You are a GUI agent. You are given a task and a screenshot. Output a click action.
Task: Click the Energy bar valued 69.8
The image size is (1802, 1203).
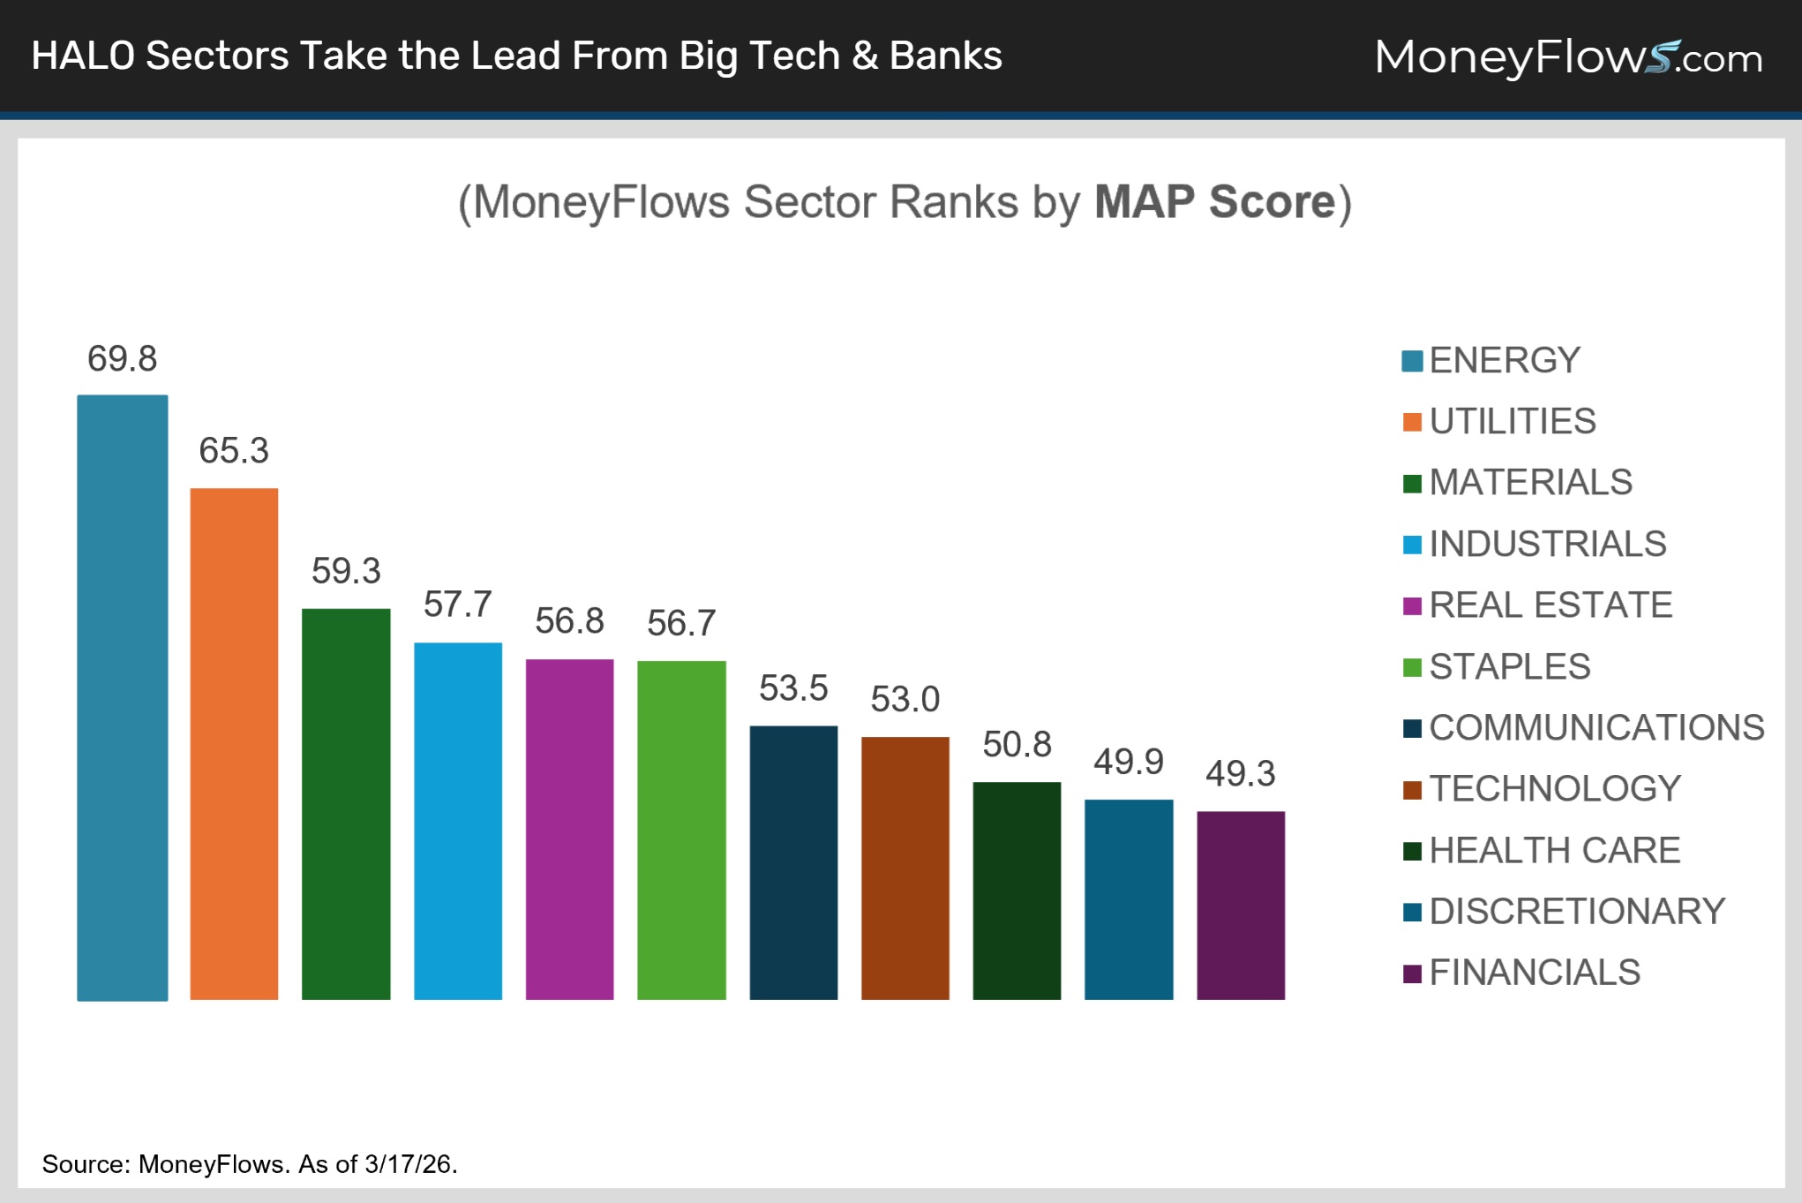(122, 697)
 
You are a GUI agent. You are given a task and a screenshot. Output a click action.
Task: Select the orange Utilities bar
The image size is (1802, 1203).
(234, 743)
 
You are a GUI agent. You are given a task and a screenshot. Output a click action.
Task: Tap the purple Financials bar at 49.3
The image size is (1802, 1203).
(1240, 905)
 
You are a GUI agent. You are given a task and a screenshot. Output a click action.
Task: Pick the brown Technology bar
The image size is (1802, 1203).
(905, 868)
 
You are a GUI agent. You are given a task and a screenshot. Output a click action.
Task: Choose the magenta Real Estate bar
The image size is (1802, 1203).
(569, 829)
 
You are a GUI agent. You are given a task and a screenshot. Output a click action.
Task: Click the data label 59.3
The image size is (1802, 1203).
(346, 571)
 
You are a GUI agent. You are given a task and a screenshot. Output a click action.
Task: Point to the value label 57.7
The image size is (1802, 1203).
(457, 605)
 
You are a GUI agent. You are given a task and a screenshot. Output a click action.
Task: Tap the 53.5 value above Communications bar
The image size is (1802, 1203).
(793, 688)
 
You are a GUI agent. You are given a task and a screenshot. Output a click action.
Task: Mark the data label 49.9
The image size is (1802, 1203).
(1129, 762)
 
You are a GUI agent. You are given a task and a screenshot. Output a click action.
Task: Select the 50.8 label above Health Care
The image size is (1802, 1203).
(1017, 745)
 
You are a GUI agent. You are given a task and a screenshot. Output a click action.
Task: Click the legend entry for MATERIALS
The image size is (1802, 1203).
(1530, 483)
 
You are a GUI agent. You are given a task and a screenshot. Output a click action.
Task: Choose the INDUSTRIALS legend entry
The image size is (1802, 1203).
(1547, 544)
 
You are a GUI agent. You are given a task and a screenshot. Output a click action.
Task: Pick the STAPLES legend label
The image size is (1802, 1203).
(1509, 666)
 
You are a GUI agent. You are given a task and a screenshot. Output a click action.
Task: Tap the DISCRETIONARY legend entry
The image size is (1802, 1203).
(1576, 911)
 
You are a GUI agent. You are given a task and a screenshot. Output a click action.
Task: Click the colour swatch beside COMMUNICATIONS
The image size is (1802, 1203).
(1412, 728)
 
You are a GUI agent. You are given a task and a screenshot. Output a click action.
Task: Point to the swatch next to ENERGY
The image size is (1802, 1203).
(1412, 361)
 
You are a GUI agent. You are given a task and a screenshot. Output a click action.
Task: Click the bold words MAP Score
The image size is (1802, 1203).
(1215, 202)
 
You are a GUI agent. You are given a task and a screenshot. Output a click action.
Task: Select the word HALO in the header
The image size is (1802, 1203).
(83, 56)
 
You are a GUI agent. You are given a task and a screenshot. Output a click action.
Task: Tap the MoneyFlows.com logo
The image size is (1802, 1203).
(1568, 57)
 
